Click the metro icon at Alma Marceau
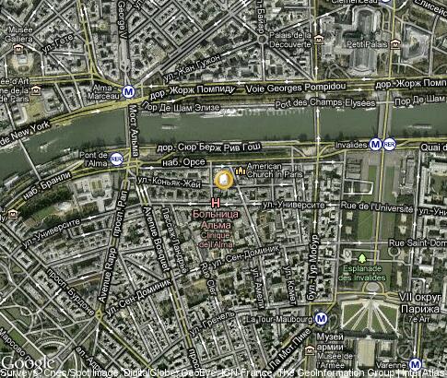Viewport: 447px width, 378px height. click(129, 92)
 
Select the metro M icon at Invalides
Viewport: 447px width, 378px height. click(375, 144)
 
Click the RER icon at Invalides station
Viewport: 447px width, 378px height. click(390, 144)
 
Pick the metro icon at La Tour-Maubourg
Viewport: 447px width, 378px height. click(320, 318)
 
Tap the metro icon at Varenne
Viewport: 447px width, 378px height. click(416, 364)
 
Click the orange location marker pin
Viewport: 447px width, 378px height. click(224, 180)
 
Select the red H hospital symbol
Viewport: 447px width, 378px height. click(216, 203)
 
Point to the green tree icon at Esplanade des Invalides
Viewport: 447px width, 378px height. click(363, 257)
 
